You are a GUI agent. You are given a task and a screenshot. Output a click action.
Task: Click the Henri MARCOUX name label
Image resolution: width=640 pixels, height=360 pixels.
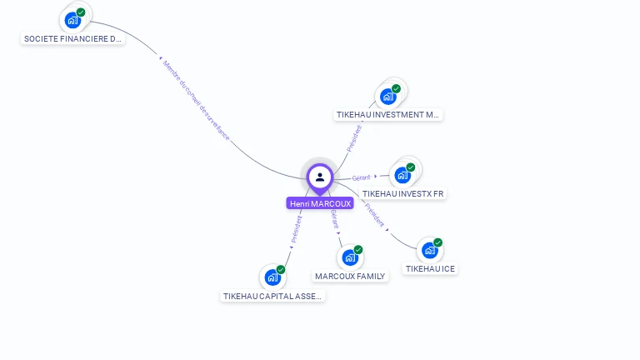click(x=320, y=203)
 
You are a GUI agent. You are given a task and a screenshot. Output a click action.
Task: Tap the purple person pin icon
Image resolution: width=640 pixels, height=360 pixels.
click(x=320, y=177)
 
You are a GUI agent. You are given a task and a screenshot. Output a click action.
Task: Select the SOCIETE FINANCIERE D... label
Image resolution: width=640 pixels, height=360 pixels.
click(x=72, y=38)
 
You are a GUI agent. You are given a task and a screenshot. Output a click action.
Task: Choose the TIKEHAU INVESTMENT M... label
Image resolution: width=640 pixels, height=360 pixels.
click(x=387, y=115)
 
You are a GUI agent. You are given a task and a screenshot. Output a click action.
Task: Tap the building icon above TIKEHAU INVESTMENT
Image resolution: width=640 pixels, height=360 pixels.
click(x=387, y=96)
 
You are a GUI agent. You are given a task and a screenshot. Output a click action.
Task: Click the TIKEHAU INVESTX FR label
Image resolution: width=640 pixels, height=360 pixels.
click(x=403, y=193)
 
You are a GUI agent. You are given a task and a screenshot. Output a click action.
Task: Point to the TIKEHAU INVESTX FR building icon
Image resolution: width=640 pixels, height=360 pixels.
click(x=402, y=175)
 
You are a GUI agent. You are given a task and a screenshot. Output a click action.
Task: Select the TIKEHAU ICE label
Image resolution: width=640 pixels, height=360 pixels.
click(x=430, y=268)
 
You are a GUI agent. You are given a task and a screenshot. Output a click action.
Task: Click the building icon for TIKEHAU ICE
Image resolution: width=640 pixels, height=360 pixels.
click(x=429, y=250)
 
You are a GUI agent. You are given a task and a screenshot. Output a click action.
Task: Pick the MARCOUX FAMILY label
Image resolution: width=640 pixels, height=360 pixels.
click(x=350, y=276)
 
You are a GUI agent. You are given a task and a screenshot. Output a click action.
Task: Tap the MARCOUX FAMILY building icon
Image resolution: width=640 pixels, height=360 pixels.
click(x=350, y=257)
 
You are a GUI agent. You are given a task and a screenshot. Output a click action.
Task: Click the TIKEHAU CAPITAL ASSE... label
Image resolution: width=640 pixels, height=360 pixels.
click(x=272, y=296)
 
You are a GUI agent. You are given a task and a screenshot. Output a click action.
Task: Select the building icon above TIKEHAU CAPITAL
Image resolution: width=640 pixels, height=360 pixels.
click(x=272, y=277)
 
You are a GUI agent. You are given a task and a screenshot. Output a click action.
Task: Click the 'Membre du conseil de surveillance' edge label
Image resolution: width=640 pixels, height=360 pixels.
click(x=196, y=99)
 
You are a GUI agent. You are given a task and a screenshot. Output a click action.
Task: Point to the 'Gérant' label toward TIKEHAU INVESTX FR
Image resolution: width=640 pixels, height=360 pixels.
click(x=361, y=177)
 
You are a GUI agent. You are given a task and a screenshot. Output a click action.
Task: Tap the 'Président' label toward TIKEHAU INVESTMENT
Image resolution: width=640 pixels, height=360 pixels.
click(x=354, y=137)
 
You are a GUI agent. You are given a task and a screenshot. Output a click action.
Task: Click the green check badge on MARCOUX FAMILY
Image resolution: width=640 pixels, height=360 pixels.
click(x=358, y=249)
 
